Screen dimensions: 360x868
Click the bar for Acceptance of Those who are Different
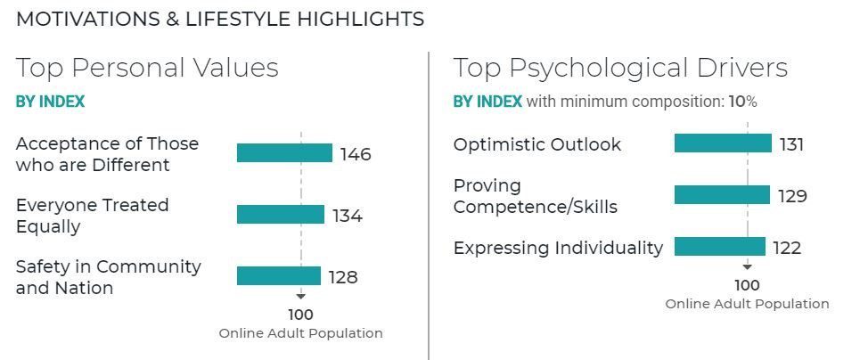tap(284, 153)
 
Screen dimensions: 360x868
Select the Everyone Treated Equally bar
tap(281, 215)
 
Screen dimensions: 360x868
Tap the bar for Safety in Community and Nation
tap(278, 276)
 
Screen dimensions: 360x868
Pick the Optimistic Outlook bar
tap(723, 143)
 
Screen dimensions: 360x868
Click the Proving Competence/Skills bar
tap(722, 195)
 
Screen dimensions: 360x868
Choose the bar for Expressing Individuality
tap(719, 247)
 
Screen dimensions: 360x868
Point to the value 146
tap(356, 154)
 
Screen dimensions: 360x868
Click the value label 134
tap(348, 216)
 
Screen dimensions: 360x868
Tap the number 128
tap(343, 277)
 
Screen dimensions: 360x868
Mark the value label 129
tap(790, 196)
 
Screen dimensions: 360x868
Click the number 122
tap(787, 248)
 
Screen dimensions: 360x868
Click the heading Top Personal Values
tap(147, 68)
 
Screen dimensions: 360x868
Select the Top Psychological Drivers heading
tap(620, 68)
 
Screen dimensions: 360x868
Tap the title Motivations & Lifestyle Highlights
tap(220, 19)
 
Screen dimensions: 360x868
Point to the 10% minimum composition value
tap(742, 102)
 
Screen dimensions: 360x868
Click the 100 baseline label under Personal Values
tap(300, 315)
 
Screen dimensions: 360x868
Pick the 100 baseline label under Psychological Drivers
tap(747, 285)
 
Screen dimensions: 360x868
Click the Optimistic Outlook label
tap(536, 144)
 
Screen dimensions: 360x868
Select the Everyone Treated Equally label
tap(92, 216)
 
